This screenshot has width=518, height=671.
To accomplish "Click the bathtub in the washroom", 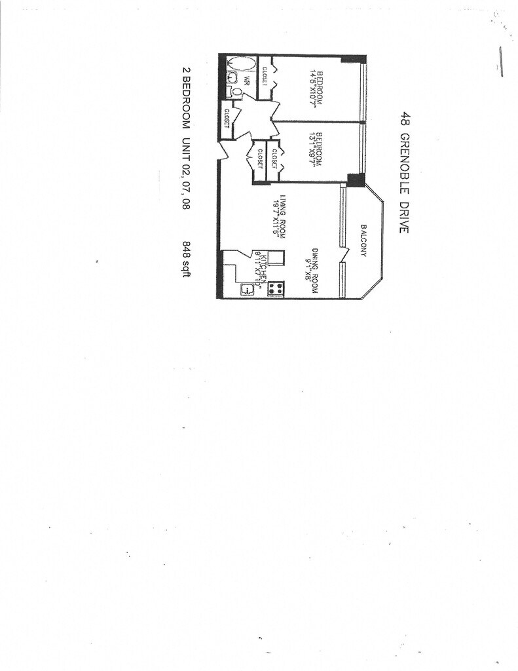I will tap(240, 67).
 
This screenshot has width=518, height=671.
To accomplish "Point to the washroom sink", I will tap(227, 77).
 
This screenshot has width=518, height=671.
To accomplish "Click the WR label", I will tap(248, 82).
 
